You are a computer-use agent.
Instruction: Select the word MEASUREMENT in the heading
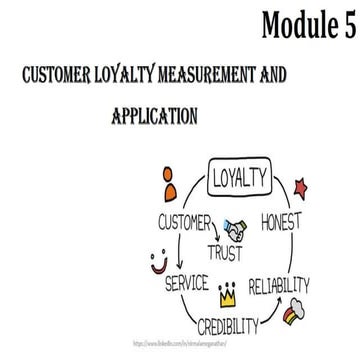[215, 76]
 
